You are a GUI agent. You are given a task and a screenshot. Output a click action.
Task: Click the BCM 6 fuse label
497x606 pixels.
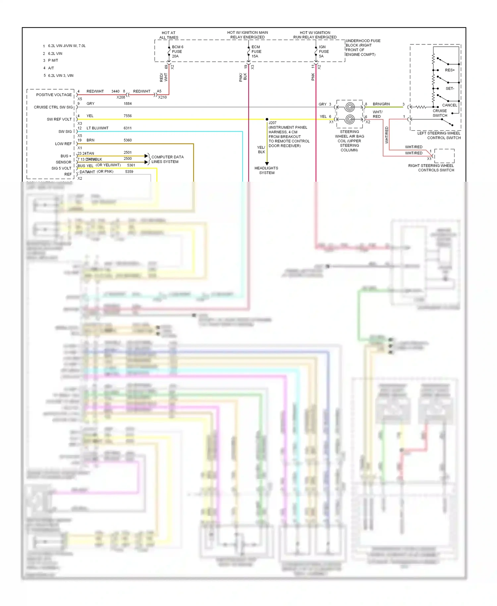[177, 51]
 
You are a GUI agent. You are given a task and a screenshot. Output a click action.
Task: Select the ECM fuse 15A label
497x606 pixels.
[256, 51]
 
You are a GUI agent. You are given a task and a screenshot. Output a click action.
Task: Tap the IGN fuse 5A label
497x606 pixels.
[323, 51]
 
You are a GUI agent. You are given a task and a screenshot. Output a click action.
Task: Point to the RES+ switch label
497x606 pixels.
[450, 70]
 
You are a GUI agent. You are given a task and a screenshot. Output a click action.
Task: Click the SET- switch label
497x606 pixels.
[450, 89]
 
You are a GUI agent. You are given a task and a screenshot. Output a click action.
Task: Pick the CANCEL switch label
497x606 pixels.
[449, 105]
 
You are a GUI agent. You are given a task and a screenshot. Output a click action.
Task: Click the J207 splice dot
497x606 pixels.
[267, 119]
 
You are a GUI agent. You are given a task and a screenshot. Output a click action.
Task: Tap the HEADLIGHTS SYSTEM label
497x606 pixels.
[266, 170]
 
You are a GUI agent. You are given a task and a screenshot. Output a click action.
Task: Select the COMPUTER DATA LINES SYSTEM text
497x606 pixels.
[167, 159]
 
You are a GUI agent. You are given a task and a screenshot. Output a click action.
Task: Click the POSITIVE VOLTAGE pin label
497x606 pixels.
[54, 95]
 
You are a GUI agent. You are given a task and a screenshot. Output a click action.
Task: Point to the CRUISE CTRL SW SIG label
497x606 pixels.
[53, 107]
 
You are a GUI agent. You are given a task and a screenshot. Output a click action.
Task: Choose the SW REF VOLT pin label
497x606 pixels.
[59, 119]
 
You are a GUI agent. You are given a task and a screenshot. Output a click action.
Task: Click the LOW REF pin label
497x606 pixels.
[63, 144]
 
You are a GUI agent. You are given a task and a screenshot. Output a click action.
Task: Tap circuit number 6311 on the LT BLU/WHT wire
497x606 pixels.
[128, 128]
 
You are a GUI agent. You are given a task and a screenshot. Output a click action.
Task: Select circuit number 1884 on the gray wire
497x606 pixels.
[128, 104]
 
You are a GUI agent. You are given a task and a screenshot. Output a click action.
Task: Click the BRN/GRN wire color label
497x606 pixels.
[381, 104]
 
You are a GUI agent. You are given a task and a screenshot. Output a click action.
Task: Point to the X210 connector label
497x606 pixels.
[162, 97]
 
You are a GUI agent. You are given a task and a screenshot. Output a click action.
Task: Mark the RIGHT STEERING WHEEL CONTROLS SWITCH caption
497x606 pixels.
[431, 168]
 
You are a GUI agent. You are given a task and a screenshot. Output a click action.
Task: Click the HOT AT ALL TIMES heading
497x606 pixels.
[169, 35]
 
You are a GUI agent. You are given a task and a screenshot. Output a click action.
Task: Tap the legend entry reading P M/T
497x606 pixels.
[53, 60]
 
